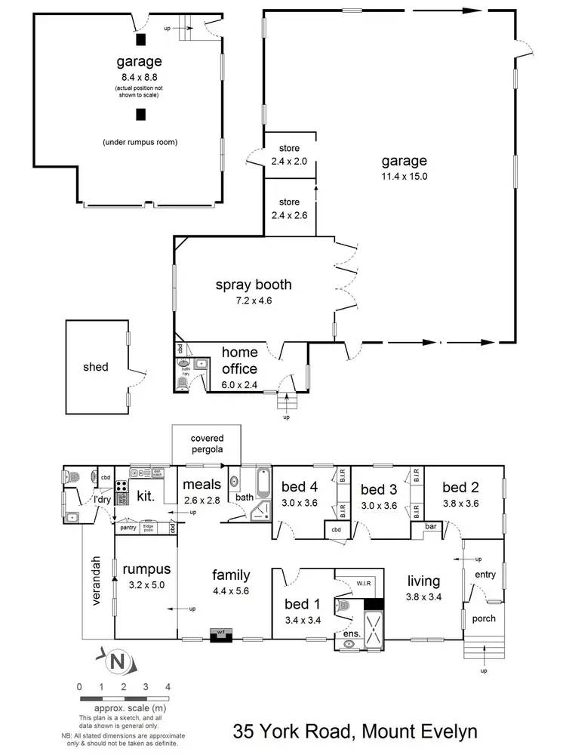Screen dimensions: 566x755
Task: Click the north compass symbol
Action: pos(116,663)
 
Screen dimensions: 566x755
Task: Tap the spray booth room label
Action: pos(254,285)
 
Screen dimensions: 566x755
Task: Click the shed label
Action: pos(96,368)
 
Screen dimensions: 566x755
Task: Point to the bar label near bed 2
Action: pos(432,525)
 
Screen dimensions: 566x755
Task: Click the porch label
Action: pos(484,618)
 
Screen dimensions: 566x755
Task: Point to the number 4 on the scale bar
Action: pos(168,686)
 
